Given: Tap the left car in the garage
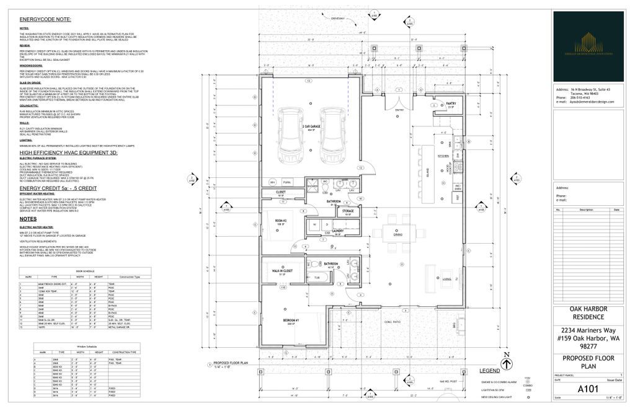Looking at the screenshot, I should coord(290,134).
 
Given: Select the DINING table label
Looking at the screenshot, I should coord(398,235).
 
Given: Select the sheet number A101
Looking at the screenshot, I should coord(588,389).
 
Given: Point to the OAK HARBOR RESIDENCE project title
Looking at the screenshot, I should coord(588,313).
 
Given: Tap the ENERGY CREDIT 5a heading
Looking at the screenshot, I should coord(58,187).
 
